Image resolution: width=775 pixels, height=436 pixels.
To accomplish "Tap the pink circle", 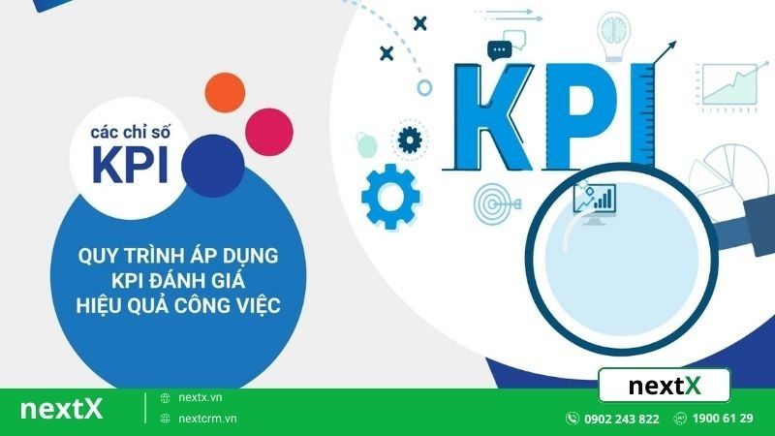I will point(268,127).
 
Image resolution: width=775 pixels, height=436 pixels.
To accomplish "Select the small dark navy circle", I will point(212,162).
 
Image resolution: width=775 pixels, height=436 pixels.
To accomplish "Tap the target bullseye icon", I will point(495,202).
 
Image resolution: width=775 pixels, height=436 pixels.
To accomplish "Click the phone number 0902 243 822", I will point(620,419).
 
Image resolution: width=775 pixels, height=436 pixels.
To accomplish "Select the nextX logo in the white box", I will point(664,387).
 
